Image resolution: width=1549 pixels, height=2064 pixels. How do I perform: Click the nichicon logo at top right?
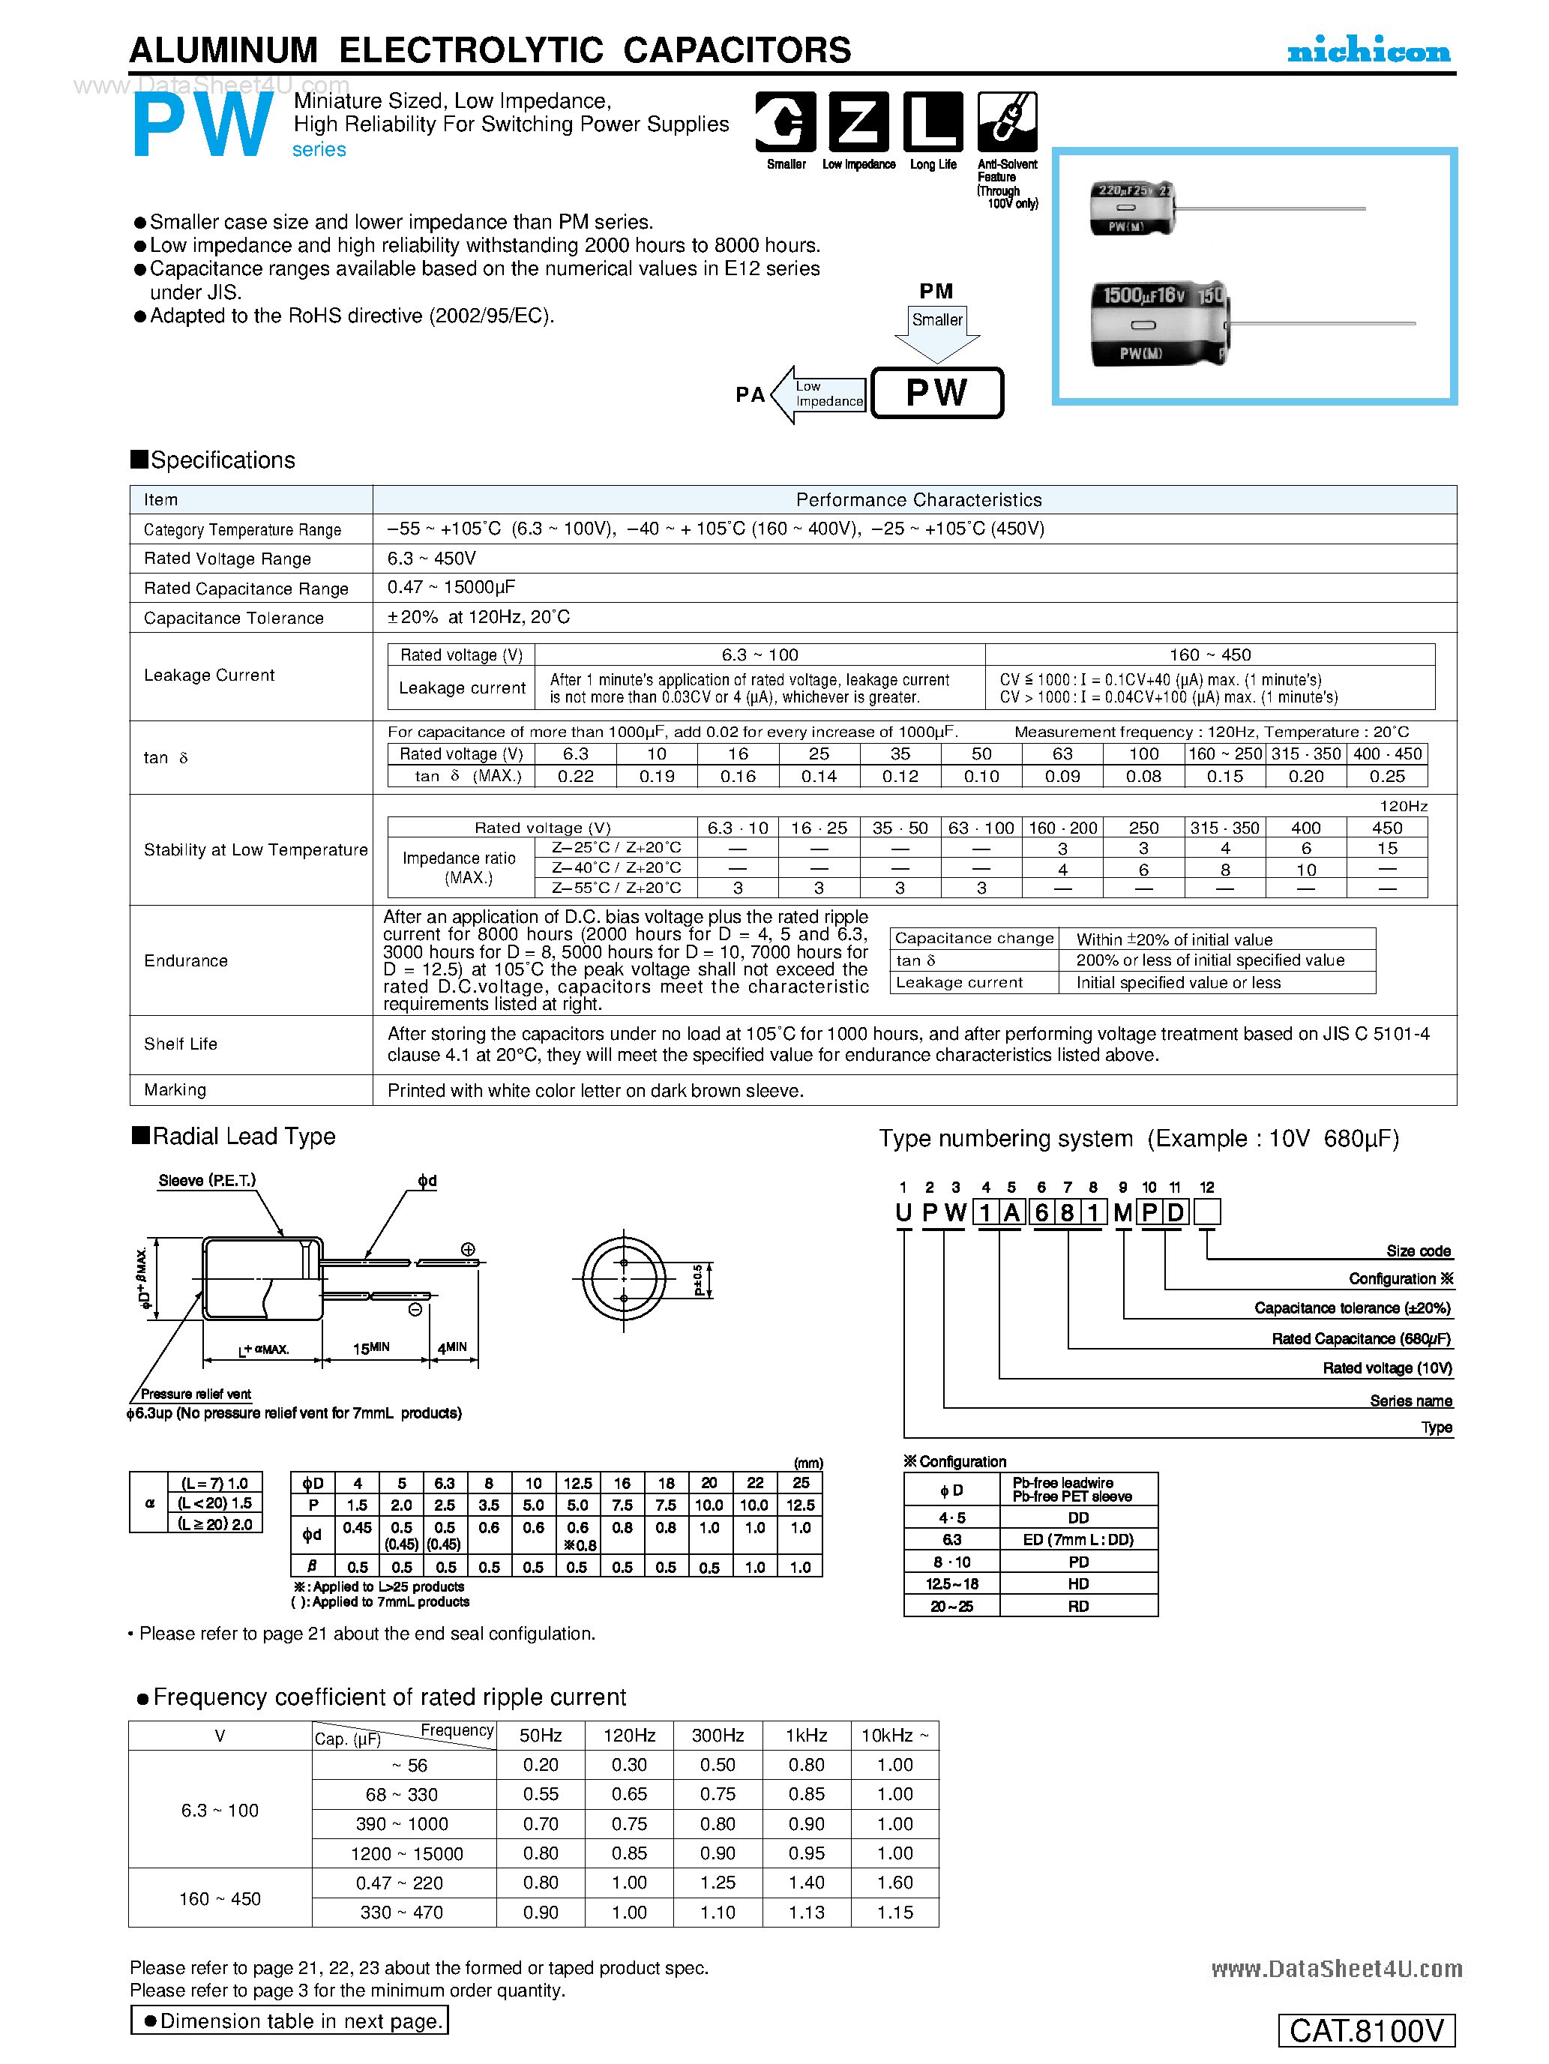click(x=1368, y=50)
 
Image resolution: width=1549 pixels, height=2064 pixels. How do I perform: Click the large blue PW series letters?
click(x=203, y=127)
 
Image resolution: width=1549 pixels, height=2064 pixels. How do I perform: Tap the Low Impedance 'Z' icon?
click(x=858, y=121)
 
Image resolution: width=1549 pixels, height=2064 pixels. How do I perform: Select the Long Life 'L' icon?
click(x=932, y=121)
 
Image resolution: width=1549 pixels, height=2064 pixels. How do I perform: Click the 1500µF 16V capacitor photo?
click(x=1160, y=324)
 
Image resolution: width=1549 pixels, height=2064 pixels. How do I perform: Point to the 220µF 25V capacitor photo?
click(x=1132, y=208)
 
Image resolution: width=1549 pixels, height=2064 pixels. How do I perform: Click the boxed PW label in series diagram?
click(x=937, y=393)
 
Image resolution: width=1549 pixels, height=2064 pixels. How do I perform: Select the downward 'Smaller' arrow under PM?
click(x=937, y=332)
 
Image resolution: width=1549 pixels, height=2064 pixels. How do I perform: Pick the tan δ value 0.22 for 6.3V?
click(x=576, y=776)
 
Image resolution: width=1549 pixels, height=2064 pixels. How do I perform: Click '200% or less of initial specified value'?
click(x=1210, y=960)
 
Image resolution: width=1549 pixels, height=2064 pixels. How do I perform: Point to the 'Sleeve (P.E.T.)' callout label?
click(x=207, y=1180)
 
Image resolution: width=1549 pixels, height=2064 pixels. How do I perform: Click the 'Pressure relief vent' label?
click(x=196, y=1394)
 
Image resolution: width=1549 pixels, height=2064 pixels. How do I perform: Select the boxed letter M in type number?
click(x=1122, y=1212)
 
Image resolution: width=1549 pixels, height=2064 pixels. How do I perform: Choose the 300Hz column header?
click(x=718, y=1735)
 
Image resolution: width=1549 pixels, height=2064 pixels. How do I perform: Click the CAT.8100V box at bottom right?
click(x=1366, y=2030)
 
